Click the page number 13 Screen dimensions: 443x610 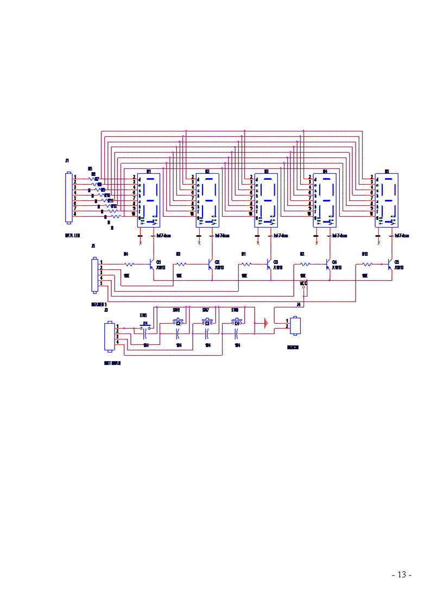(402, 575)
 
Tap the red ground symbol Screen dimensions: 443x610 (265, 323)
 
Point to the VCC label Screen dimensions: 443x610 (303, 283)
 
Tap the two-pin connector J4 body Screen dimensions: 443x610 (296, 325)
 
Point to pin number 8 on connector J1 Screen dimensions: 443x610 (75, 214)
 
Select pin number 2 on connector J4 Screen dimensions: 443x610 (287, 326)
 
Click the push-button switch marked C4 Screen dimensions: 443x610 (236, 323)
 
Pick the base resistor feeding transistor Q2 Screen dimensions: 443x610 (181, 264)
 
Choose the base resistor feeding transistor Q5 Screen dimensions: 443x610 (367, 264)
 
